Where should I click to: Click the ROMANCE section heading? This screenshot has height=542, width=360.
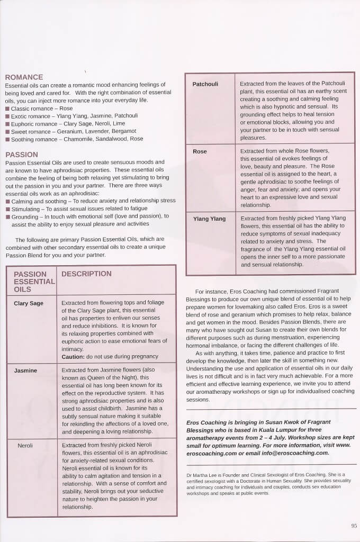[x=24, y=77]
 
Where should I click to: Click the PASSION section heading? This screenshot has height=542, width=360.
[x=21, y=155]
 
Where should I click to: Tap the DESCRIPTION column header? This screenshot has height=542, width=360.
[x=86, y=274]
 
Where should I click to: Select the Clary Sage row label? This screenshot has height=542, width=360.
[x=29, y=303]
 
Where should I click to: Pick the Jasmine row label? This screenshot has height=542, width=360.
[x=25, y=371]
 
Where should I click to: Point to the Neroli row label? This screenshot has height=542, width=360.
[x=25, y=446]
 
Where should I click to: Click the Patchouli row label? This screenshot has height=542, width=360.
[x=205, y=84]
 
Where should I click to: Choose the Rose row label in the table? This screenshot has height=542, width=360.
[x=200, y=151]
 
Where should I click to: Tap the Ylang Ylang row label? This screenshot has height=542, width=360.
[x=209, y=219]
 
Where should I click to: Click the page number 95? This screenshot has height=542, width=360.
[x=354, y=526]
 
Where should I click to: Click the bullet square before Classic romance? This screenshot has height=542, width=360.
[x=7, y=109]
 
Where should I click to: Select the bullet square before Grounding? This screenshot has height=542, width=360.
[x=7, y=216]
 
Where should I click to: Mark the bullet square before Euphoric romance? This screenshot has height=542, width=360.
[x=7, y=123]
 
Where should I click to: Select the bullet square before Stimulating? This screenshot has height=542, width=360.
[x=7, y=209]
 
